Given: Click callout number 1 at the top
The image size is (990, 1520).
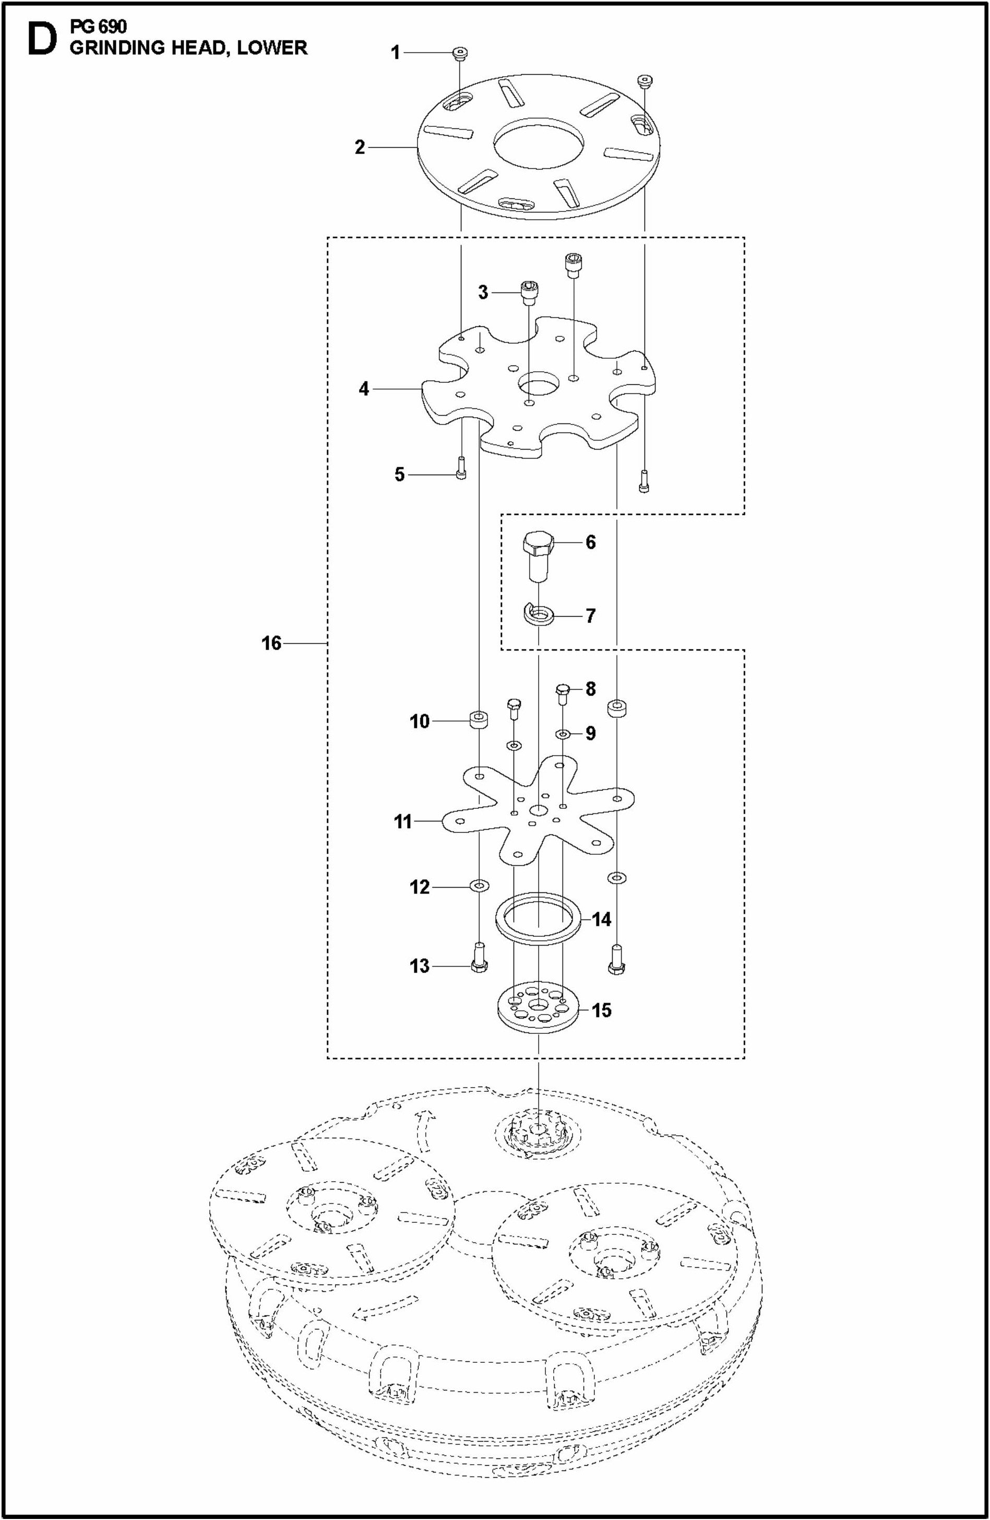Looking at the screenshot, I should pos(395,52).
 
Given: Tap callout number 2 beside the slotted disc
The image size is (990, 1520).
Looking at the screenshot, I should pos(360,148).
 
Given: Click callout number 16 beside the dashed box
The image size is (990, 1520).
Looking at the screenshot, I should pos(271,643).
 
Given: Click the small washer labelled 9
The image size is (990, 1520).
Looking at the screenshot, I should pos(563,734).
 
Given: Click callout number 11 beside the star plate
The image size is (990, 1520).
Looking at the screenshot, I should pos(403,821).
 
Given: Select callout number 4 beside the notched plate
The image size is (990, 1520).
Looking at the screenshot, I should pos(364,388).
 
